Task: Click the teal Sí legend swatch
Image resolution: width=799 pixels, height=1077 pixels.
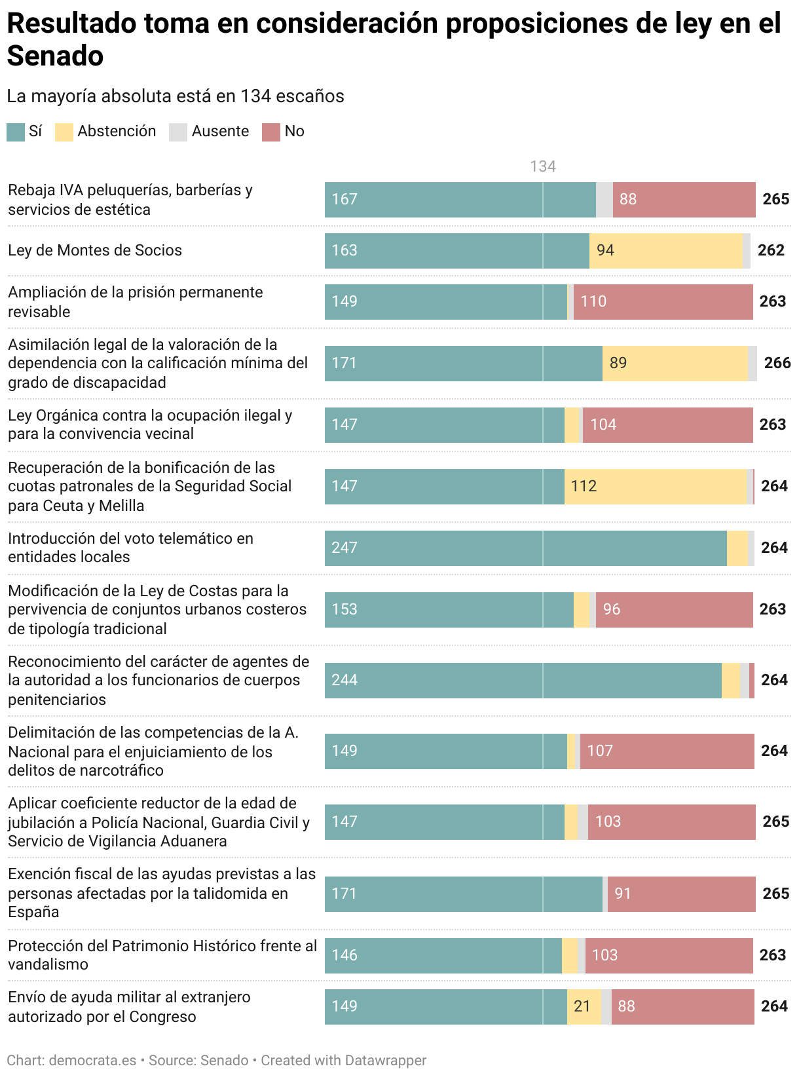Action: (x=16, y=132)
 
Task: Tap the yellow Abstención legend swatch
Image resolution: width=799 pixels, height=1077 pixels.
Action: (x=64, y=132)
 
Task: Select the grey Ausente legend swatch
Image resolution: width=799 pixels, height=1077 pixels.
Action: (x=178, y=132)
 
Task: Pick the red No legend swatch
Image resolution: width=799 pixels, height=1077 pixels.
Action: (x=271, y=132)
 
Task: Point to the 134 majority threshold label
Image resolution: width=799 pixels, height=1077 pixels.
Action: (x=543, y=166)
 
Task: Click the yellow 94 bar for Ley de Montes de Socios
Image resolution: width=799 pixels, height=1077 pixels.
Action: (x=665, y=250)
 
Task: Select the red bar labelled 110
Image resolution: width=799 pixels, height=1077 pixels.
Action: (x=663, y=301)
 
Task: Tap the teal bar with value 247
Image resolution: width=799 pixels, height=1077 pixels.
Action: (x=525, y=548)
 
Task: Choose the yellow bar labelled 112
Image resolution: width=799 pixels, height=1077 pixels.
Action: (x=655, y=486)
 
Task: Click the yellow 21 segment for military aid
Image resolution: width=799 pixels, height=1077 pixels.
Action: (x=584, y=1006)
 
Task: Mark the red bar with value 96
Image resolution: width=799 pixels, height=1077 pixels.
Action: (x=674, y=609)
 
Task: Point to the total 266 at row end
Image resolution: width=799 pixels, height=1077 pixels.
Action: (x=777, y=363)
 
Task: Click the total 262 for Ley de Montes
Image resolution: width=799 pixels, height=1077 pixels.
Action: (x=771, y=250)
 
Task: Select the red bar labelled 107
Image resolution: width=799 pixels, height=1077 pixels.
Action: (x=667, y=751)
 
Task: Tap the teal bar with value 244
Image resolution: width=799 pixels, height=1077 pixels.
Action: (x=523, y=680)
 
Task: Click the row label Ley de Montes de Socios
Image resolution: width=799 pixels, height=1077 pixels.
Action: (x=95, y=250)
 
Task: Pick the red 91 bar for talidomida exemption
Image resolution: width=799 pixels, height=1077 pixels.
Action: (x=681, y=894)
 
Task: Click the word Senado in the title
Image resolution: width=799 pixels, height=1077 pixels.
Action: (x=56, y=56)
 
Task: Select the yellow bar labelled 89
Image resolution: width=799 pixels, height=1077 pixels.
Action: (x=675, y=363)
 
